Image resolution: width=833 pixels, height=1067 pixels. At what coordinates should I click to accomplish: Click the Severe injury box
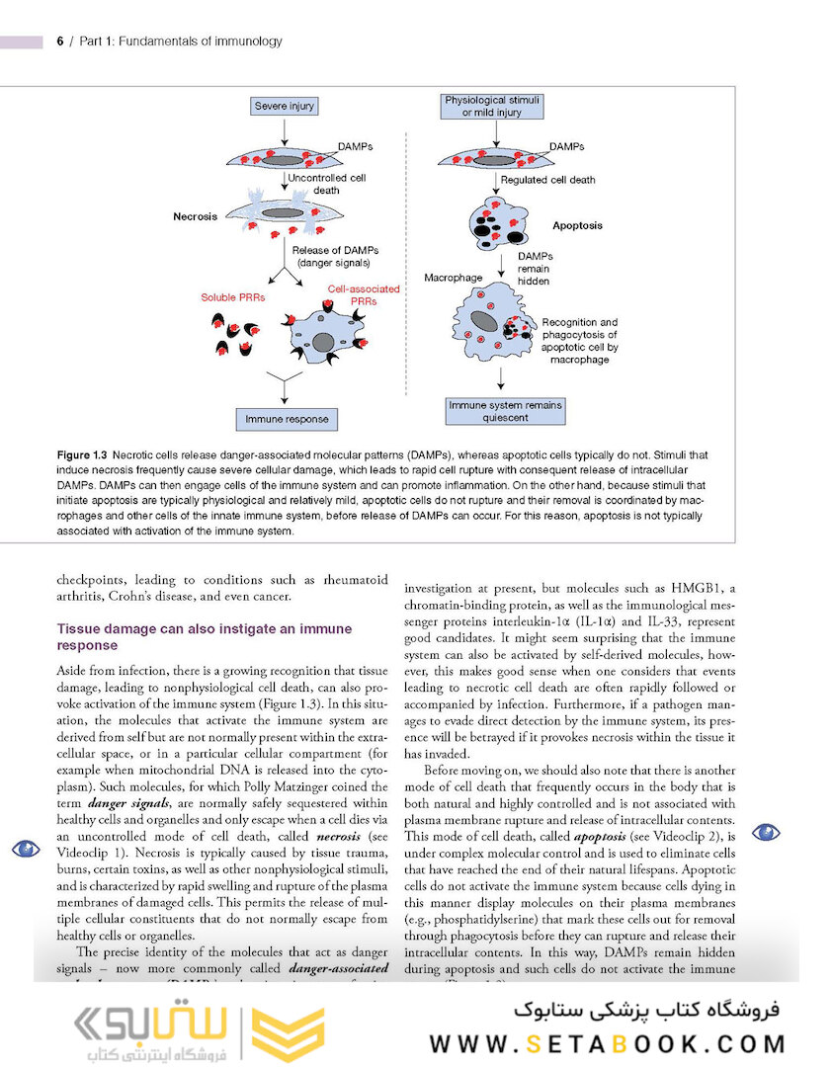click(x=284, y=106)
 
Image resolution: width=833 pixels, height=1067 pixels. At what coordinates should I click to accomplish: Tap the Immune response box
click(x=286, y=419)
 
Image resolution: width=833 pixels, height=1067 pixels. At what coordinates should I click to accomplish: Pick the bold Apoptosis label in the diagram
click(x=577, y=225)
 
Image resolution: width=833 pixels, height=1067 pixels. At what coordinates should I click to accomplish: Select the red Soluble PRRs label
click(x=233, y=296)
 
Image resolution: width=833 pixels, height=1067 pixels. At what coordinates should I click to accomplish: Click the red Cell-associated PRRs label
click(x=364, y=294)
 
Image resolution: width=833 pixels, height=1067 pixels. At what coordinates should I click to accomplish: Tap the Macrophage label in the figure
click(x=453, y=278)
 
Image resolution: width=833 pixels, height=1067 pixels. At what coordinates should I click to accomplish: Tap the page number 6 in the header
click(x=60, y=41)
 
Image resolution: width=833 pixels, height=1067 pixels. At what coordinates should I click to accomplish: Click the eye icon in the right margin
click(x=766, y=832)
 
